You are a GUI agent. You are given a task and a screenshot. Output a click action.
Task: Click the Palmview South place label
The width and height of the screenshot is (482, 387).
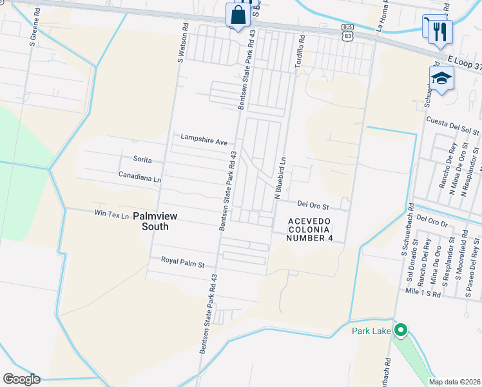pos(151,222)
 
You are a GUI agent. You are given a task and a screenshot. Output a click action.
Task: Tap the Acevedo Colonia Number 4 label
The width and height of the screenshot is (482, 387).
pos(310,230)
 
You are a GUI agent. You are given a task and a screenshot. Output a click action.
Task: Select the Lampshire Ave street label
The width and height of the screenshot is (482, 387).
pos(204,139)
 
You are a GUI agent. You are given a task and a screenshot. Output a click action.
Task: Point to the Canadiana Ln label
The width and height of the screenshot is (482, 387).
pos(139,175)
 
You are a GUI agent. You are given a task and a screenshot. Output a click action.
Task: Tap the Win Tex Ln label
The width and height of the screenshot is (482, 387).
pos(111,213)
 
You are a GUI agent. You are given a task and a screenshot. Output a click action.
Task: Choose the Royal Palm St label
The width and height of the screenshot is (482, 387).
pos(182,264)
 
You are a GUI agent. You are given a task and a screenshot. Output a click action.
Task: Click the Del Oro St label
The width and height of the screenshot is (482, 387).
pos(313,206)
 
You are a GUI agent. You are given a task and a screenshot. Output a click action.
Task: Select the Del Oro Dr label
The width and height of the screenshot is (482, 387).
pos(431,220)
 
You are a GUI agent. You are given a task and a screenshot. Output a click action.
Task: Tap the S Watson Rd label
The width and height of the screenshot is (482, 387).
pos(182,44)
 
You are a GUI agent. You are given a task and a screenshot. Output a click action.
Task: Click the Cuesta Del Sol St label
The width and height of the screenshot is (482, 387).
pos(453,126)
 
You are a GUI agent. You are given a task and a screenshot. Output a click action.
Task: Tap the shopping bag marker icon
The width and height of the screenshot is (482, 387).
pos(238,15)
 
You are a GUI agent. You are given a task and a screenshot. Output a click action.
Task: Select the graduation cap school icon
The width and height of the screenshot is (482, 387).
pos(441,78)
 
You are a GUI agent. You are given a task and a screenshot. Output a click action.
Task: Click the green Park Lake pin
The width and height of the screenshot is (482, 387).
pos(400,331)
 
